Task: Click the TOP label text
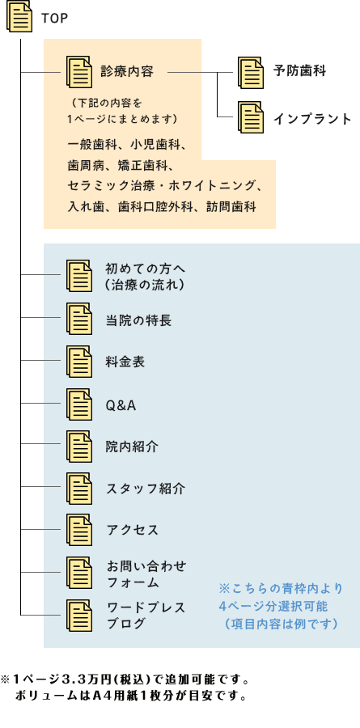pos(54,18)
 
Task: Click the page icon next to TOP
pos(19,17)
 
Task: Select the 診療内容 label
pos(127,72)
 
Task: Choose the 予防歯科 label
pos(299,71)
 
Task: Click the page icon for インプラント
pos(251,117)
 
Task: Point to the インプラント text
pos(312,119)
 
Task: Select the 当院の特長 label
pos(138,320)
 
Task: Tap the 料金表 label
pos(125,362)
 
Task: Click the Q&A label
pos(121,406)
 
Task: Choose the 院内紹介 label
pos(132,447)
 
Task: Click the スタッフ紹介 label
pos(146,489)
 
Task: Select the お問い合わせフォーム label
pos(146,574)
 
